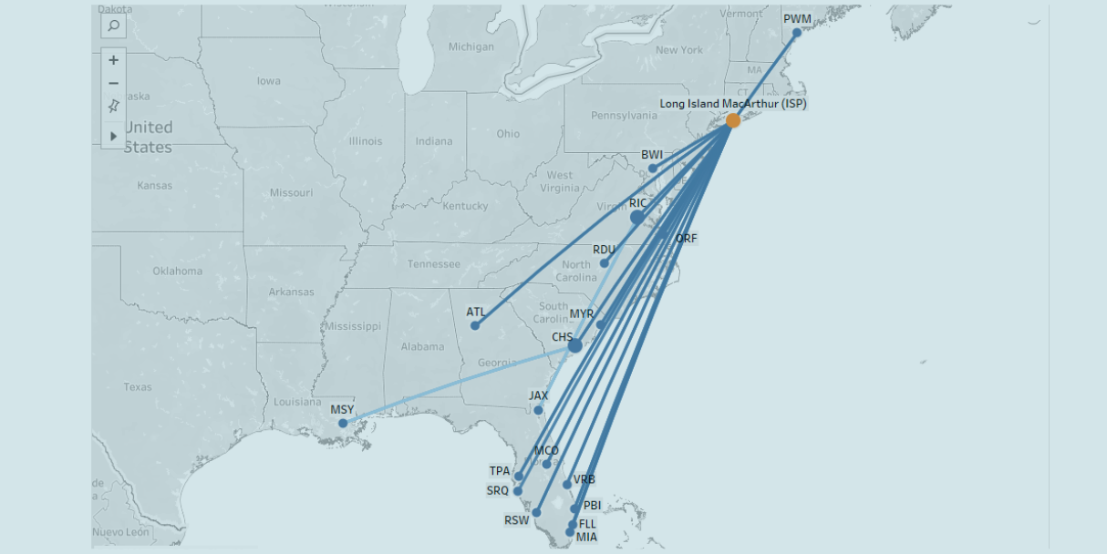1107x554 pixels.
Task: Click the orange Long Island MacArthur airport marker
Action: click(x=733, y=120)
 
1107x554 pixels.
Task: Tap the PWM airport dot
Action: click(x=797, y=33)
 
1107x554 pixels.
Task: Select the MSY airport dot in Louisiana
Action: click(x=343, y=423)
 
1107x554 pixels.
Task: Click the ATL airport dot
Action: click(x=475, y=325)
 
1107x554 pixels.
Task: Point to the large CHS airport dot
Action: click(x=574, y=345)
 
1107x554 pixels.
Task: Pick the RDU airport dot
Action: click(x=604, y=263)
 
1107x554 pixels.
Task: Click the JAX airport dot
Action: click(x=538, y=410)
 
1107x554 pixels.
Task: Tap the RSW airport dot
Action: click(x=536, y=512)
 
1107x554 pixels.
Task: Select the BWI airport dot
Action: click(x=652, y=169)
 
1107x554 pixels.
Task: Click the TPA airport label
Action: click(x=500, y=471)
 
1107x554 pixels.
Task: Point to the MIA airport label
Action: click(x=586, y=538)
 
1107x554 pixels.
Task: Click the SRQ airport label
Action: click(x=498, y=490)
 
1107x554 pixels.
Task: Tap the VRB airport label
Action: click(x=584, y=479)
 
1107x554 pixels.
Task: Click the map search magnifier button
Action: click(x=113, y=26)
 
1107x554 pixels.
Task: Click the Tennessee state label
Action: click(x=433, y=264)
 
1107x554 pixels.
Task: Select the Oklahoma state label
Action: click(x=178, y=271)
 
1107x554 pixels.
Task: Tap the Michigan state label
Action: click(x=471, y=46)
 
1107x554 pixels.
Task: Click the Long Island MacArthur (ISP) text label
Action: click(x=733, y=104)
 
